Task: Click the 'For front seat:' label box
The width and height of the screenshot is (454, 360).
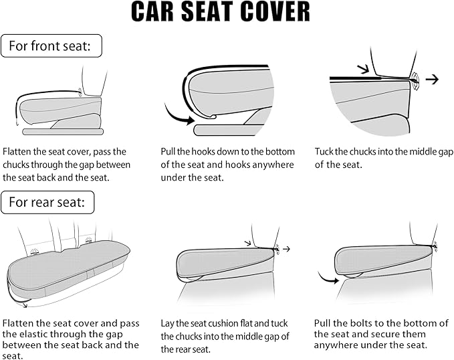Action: point(51,46)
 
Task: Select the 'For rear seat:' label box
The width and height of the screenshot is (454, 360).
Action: point(47,203)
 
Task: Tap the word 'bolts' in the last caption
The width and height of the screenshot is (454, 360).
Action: point(360,323)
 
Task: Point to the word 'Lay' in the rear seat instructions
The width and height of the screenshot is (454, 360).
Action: point(168,324)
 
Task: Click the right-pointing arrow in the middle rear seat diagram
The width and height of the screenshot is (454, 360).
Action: point(287,248)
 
